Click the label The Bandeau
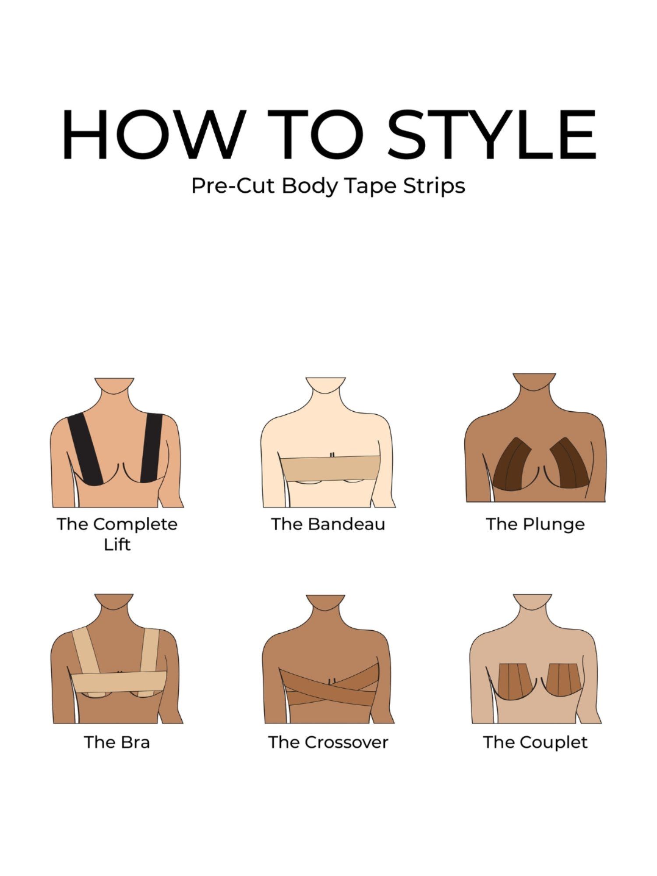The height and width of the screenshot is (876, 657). (x=328, y=524)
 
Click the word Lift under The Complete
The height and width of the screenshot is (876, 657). (x=117, y=544)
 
